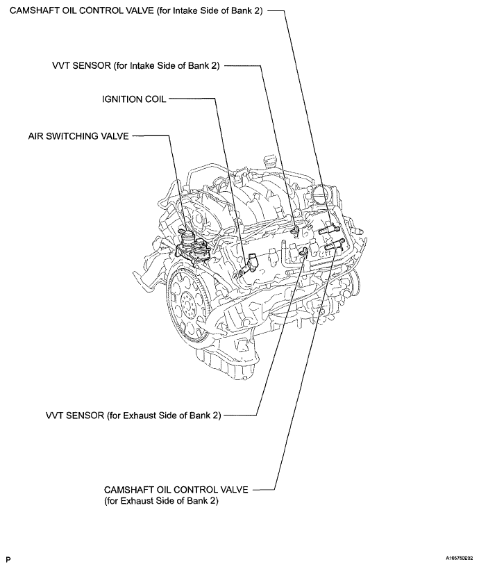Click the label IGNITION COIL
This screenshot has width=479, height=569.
[x=134, y=99]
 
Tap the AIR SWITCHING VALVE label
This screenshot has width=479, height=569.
[x=78, y=137]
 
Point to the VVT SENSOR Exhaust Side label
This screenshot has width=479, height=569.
[x=133, y=415]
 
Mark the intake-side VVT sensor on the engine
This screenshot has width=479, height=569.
[x=296, y=228]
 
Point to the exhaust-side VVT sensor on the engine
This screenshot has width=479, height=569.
[x=303, y=250]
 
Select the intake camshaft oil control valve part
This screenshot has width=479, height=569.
[x=326, y=226]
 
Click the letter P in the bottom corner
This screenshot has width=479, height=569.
[x=8, y=558]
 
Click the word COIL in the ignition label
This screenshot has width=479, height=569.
[x=153, y=99]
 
